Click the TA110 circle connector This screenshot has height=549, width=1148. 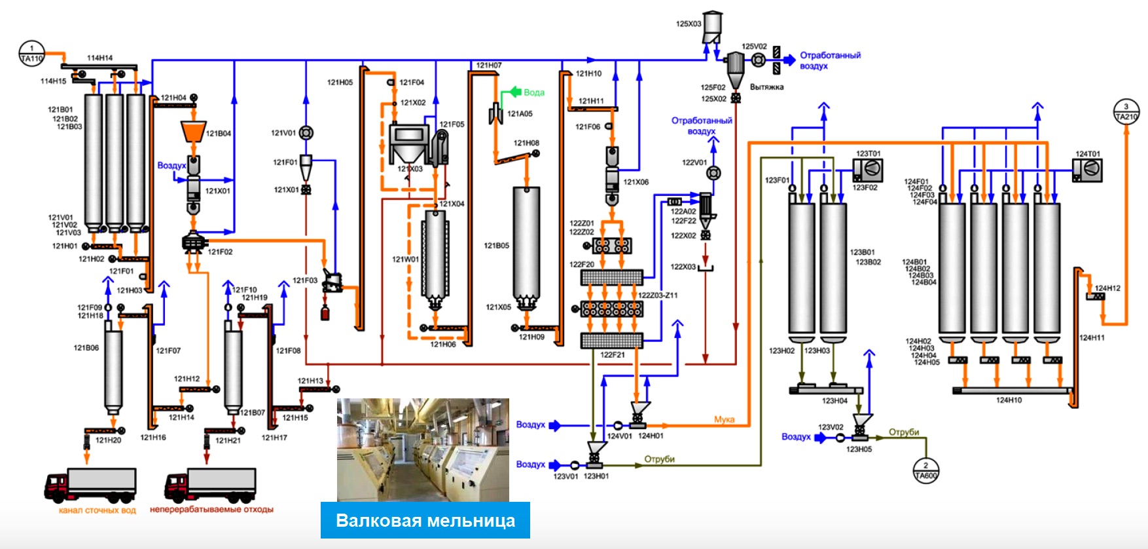tap(31, 53)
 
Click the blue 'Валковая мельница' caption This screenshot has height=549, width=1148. tap(425, 521)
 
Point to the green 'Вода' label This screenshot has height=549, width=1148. tap(534, 92)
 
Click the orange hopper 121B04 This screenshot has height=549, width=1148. tap(193, 132)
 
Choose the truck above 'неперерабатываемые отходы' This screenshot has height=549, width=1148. tap(211, 485)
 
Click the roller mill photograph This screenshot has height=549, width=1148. tap(423, 449)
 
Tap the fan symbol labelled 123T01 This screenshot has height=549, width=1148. tap(868, 170)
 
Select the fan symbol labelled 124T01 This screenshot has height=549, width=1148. tap(1088, 170)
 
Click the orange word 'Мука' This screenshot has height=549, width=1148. tap(724, 419)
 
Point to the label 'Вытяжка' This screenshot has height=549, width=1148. tap(766, 87)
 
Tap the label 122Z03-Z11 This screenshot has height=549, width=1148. tap(658, 295)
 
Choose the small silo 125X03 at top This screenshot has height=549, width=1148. tap(712, 26)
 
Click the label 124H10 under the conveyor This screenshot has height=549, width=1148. tap(1009, 400)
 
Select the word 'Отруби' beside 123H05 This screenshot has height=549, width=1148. tap(904, 432)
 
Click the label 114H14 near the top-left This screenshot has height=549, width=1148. tap(100, 58)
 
